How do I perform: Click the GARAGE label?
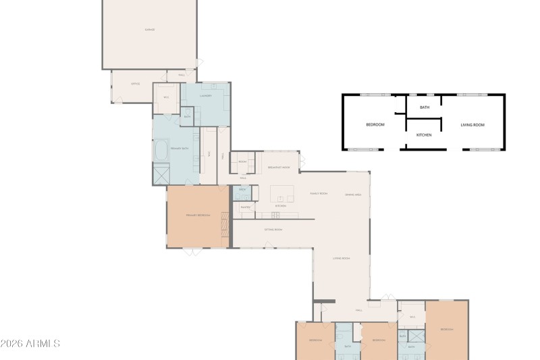tap(150, 30)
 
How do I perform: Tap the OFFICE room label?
tap(135, 84)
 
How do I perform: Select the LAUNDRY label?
tap(206, 96)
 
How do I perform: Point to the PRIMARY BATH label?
tap(179, 148)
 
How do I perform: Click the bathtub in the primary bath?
tap(161, 150)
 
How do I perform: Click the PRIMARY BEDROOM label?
tap(198, 215)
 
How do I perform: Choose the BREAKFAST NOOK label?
tap(279, 167)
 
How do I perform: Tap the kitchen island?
tap(283, 195)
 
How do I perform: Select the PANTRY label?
tap(245, 207)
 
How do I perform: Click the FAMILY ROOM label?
tap(319, 193)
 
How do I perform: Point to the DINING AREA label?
tap(353, 195)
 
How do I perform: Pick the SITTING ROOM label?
tap(273, 230)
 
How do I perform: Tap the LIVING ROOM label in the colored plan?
tap(342, 258)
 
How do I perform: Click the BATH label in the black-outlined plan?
tap(425, 107)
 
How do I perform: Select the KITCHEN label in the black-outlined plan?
tap(424, 135)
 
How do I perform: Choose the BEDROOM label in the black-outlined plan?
tap(375, 125)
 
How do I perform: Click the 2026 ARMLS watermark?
tap(30, 344)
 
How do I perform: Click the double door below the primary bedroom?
tap(191, 252)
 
